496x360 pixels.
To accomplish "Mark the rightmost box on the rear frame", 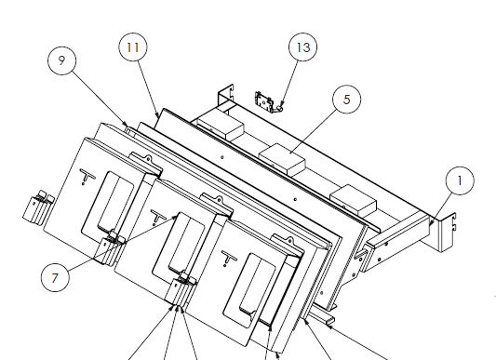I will (352, 198).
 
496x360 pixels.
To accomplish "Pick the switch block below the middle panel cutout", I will (183, 291).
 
